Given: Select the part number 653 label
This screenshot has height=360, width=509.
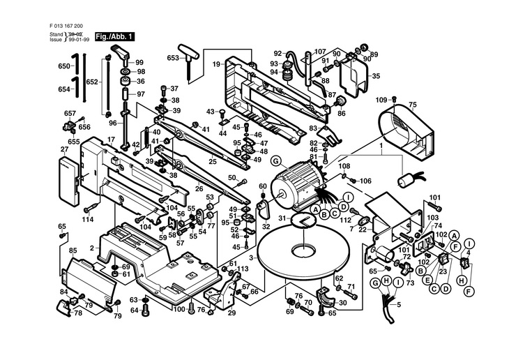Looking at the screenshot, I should click(x=174, y=59).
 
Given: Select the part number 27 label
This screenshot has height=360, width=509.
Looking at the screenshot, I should click(x=64, y=149).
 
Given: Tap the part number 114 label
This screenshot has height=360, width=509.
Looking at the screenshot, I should click(x=87, y=220).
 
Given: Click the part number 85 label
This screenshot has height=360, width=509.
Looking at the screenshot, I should click(x=73, y=250).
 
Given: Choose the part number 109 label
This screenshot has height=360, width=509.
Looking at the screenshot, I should click(x=380, y=100).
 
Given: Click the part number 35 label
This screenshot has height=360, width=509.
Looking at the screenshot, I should click(x=376, y=76).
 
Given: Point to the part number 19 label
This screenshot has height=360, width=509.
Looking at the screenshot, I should click(x=217, y=64).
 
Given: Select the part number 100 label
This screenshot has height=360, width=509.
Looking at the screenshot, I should click(x=178, y=309).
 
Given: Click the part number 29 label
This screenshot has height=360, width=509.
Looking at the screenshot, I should click(x=231, y=313).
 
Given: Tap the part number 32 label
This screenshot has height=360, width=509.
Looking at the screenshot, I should click(x=266, y=227).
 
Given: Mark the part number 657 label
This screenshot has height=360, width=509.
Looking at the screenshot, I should click(x=70, y=113).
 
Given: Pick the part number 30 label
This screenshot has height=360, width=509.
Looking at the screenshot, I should click(x=342, y=303).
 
